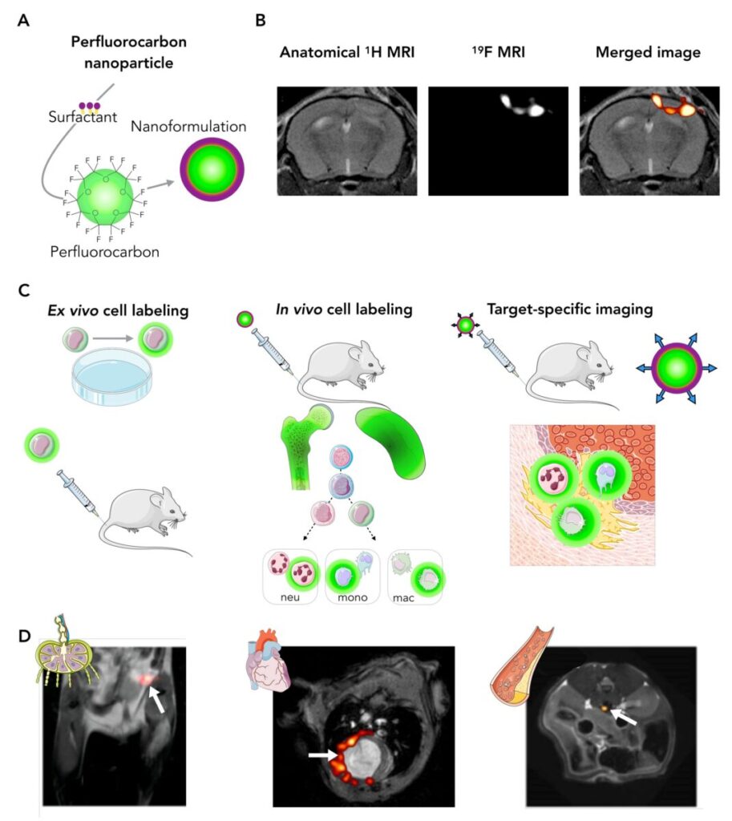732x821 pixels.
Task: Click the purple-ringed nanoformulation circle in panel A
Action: coord(210,169)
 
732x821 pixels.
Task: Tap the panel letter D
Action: coord(25,636)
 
